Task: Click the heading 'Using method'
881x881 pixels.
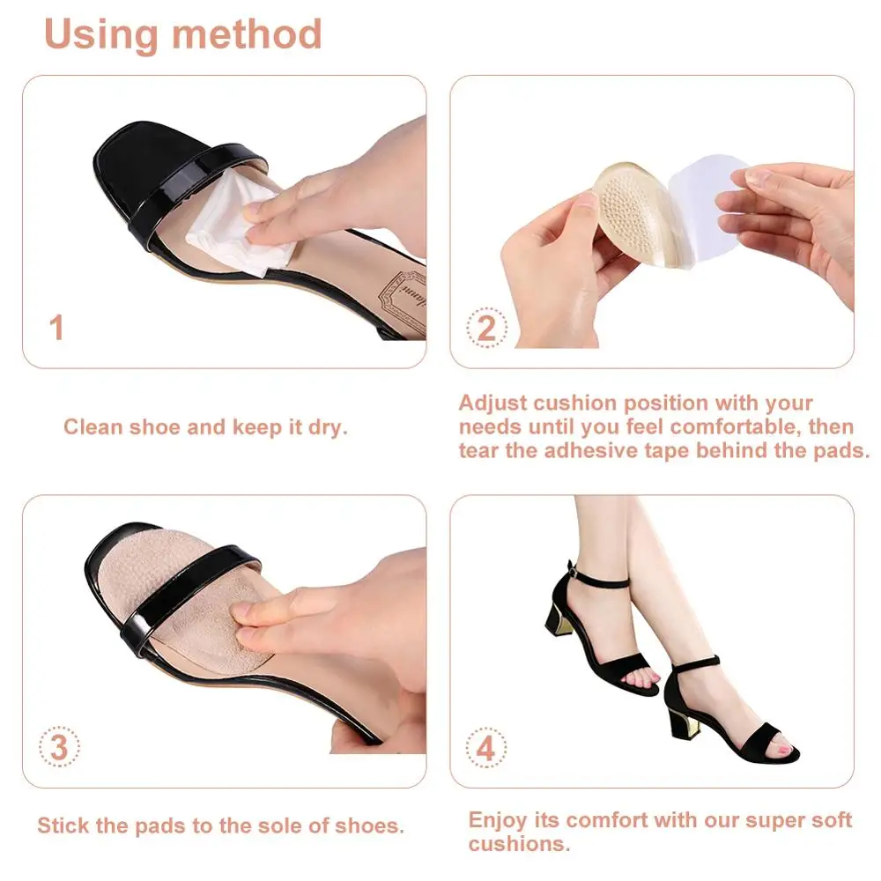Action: click(182, 34)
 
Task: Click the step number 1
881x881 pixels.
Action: click(57, 329)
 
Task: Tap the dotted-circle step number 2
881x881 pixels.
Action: click(486, 329)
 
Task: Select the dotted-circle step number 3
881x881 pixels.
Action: click(59, 748)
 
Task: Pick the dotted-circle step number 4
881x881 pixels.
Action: click(486, 750)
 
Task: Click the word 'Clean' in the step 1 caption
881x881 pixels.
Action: click(93, 428)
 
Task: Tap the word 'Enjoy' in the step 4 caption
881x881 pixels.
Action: click(500, 820)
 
